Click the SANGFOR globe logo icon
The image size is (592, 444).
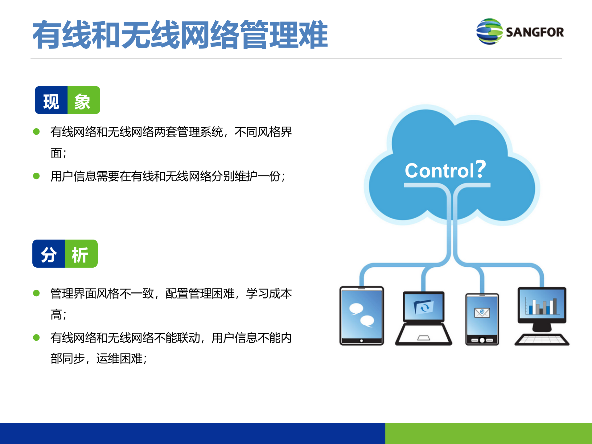coord(490,31)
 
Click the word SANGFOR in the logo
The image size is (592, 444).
coord(535,32)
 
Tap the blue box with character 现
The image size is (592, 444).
coord(51,101)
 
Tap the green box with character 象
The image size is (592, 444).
coord(84,101)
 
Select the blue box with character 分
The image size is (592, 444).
coord(49,254)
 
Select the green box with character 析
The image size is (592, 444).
coord(81,254)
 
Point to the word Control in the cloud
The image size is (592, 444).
coord(439,171)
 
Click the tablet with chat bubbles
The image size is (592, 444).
coord(362,315)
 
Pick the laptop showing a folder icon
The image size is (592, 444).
coord(424,318)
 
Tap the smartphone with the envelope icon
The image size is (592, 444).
coord(482,319)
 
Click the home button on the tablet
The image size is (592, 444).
coord(362,341)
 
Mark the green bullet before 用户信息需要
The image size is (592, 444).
coord(36,176)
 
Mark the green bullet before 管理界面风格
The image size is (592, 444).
coord(36,293)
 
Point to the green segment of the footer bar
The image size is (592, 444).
coord(488,434)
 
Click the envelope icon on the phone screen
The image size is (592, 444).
coord(482,313)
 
